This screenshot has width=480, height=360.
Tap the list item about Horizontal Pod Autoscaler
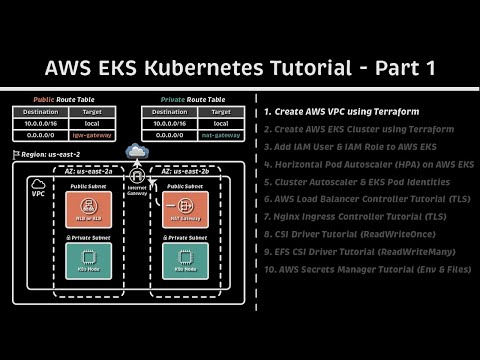point(366,163)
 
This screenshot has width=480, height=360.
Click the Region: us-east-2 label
point(45,155)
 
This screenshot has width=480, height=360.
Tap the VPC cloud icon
point(40,182)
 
